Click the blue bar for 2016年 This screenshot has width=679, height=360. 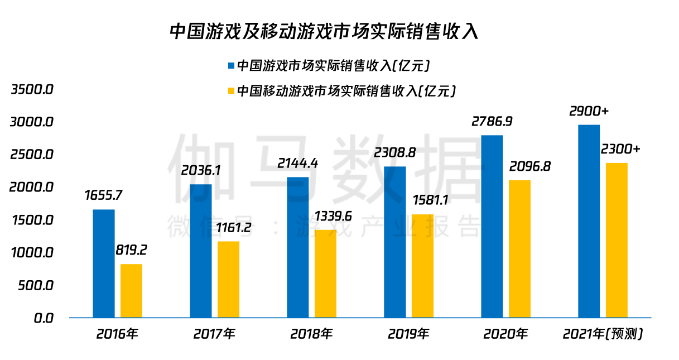104,263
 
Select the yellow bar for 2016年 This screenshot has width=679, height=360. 132,291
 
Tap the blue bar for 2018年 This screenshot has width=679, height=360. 298,247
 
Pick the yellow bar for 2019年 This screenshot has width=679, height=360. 423,266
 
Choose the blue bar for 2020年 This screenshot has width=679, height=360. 492,226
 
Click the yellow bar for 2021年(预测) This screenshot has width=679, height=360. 617,240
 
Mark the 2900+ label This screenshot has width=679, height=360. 589,111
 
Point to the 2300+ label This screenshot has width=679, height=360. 620,149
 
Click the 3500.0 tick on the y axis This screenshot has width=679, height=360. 32,89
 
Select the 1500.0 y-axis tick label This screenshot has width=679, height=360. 32,220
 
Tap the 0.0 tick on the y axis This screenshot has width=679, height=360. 43,318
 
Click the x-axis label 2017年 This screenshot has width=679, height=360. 214,334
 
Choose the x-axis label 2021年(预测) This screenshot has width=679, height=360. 603,334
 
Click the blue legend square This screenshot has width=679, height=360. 231,65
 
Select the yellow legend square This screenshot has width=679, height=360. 231,90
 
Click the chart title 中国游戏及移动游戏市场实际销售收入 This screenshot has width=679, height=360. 324,31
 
